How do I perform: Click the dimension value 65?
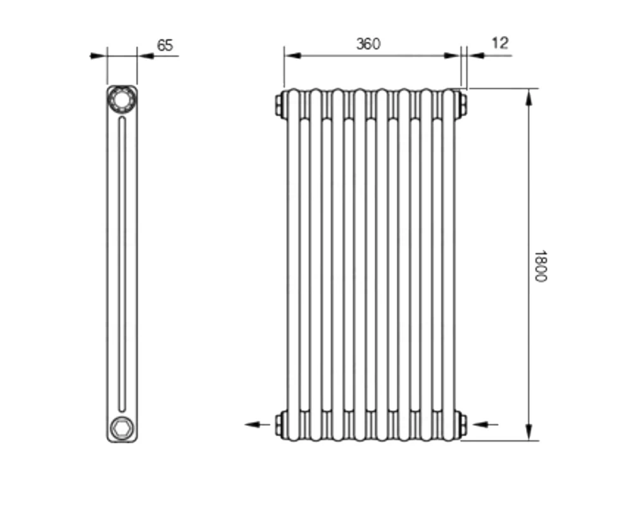[165, 46]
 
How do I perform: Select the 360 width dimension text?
[368, 44]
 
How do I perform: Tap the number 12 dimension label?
[499, 43]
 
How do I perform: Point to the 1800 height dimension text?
[539, 266]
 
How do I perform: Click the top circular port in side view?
[122, 99]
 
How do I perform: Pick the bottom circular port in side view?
[121, 428]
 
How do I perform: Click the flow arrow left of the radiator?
[256, 424]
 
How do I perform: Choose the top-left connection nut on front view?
[279, 105]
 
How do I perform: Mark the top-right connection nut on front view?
[462, 105]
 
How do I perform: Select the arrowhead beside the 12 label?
[476, 55]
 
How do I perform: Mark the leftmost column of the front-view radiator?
[295, 266]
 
